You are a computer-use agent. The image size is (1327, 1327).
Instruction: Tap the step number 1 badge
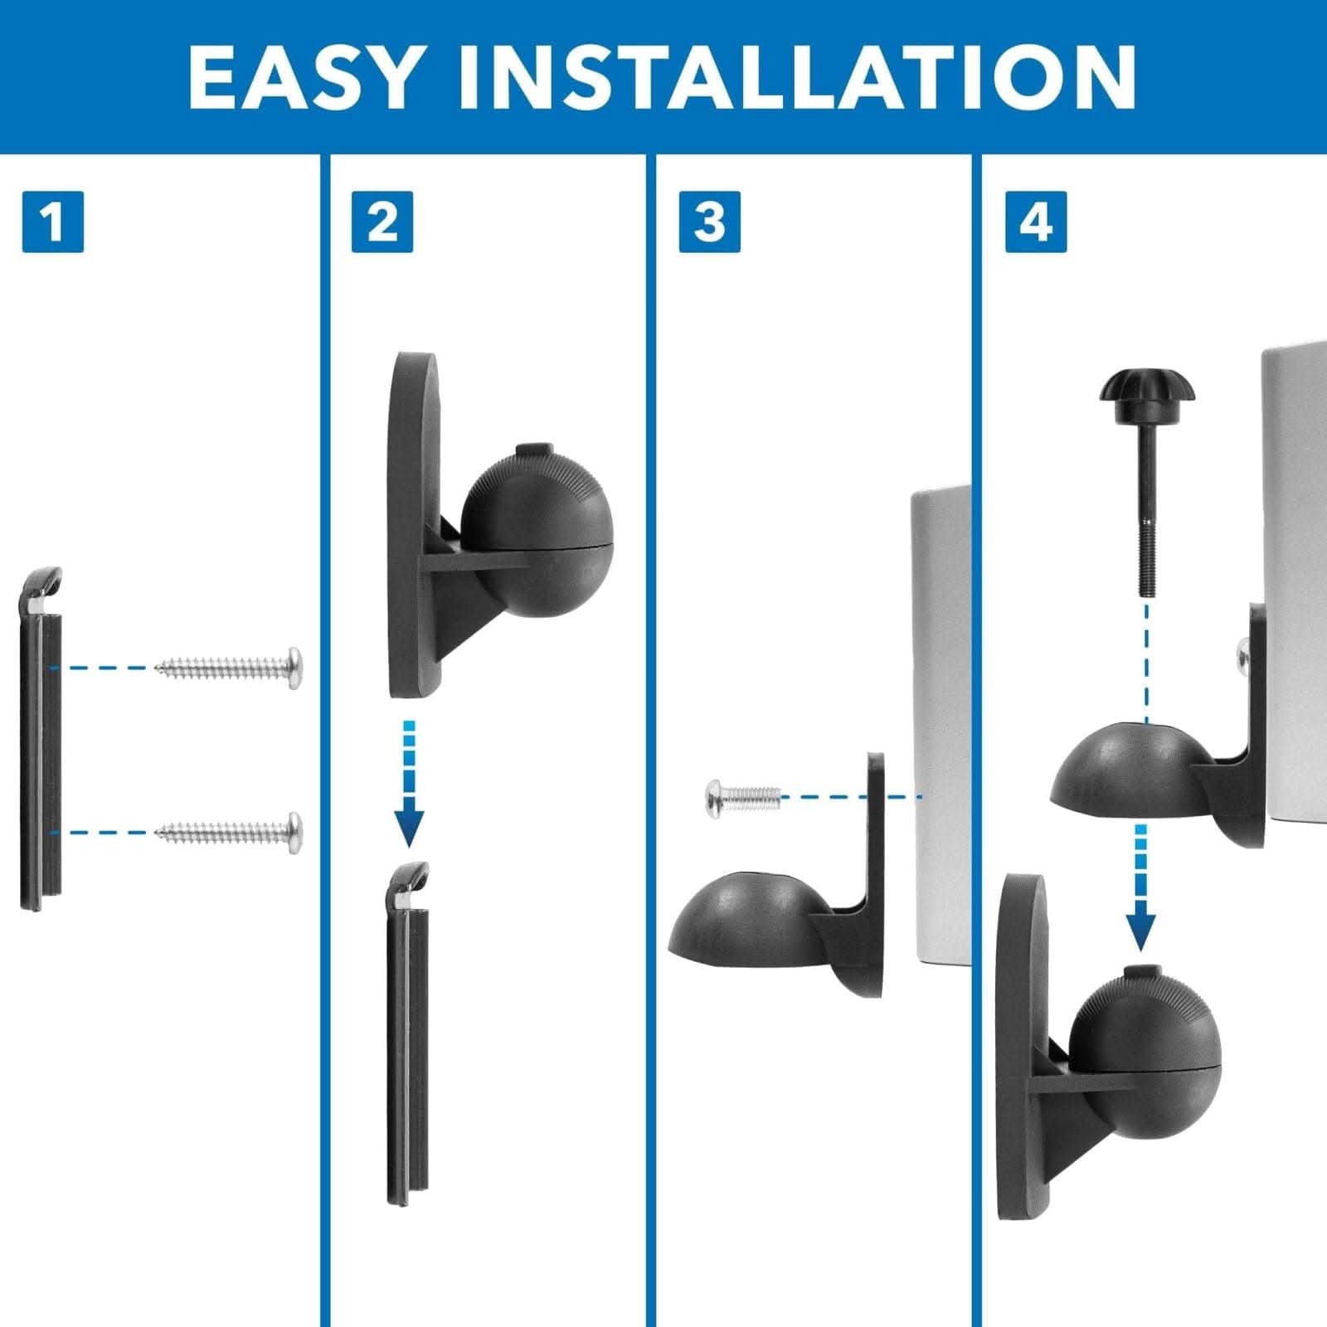pyautogui.click(x=52, y=221)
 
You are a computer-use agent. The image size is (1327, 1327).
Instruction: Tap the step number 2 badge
pyautogui.click(x=382, y=221)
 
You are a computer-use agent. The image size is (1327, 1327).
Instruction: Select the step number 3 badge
pyautogui.click(x=709, y=221)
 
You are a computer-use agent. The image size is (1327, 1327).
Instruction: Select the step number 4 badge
pyautogui.click(x=1036, y=221)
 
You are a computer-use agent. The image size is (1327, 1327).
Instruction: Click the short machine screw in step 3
pyautogui.click(x=741, y=797)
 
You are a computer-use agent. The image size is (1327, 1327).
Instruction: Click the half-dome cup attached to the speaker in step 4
pyautogui.click(x=1124, y=767)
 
